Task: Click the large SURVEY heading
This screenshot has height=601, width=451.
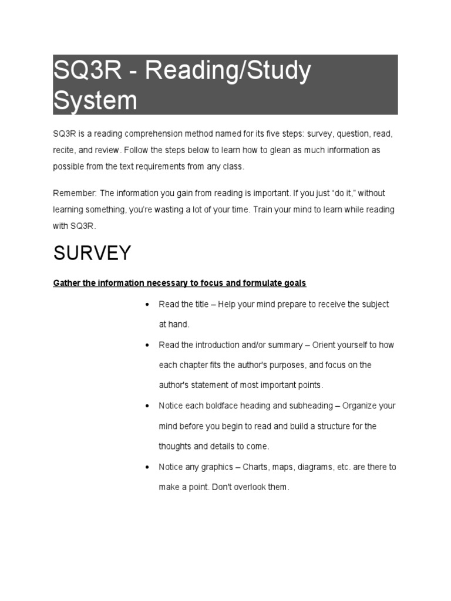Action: tap(92, 253)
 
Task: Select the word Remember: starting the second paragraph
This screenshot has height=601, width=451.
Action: tap(75, 193)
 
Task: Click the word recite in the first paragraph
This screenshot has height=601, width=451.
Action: tap(64, 150)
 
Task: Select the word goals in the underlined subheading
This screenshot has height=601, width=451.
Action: tap(294, 283)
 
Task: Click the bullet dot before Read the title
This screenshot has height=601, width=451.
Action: tap(145, 305)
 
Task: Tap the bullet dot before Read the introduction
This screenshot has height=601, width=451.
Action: tap(145, 345)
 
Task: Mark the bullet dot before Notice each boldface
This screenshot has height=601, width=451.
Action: tap(145, 406)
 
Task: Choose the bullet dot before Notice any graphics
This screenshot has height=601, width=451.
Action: tap(145, 468)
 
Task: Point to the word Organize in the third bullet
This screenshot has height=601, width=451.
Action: tap(360, 406)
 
